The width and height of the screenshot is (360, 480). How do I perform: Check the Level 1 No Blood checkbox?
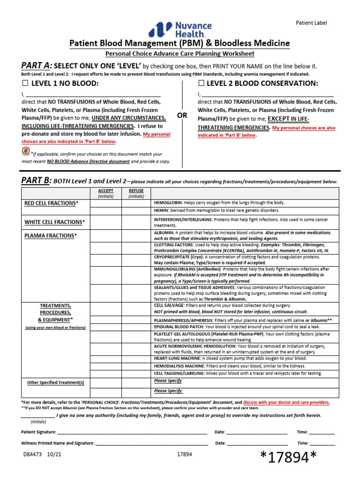click(25, 83)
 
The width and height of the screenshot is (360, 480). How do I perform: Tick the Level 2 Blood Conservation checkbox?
click(201, 83)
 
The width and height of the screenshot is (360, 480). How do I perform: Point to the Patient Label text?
click(311, 22)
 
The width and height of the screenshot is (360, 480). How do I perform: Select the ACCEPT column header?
click(106, 191)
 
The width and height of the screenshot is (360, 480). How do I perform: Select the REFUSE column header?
click(136, 191)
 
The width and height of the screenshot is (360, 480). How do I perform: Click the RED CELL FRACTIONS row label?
click(52, 203)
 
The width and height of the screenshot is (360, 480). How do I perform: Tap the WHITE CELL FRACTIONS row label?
click(55, 222)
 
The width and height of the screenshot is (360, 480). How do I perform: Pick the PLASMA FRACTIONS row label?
click(50, 236)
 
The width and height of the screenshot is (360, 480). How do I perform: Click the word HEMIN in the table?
click(161, 210)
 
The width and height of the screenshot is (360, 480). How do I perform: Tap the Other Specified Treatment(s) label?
click(55, 382)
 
